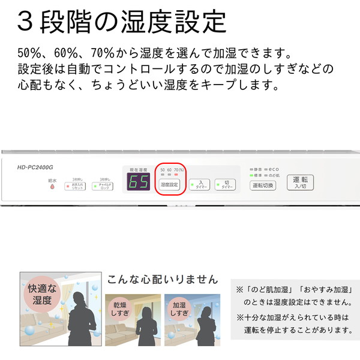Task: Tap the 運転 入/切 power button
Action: point(300,182)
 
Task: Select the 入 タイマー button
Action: point(200,185)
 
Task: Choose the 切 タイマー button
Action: point(225,185)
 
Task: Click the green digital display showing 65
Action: point(139,183)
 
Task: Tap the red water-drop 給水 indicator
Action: point(52,187)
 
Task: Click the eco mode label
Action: point(274,170)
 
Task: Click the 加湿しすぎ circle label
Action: point(178,308)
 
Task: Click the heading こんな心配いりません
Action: point(162,280)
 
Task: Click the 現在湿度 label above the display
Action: point(139,170)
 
